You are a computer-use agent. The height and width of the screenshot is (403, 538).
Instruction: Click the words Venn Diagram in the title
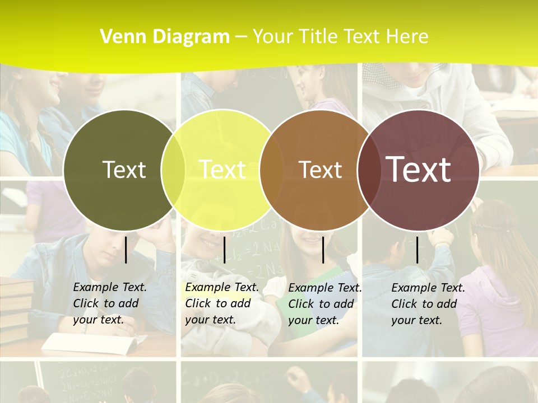coord(165,37)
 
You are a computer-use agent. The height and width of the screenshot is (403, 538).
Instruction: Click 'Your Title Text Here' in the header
coord(340,37)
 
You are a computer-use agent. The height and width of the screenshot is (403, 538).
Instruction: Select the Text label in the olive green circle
coord(124,170)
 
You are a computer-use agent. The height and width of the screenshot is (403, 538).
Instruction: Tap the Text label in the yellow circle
coord(222,170)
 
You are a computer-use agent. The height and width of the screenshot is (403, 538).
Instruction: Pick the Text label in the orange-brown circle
coord(320,170)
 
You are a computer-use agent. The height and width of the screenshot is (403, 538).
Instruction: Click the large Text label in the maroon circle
coord(419,170)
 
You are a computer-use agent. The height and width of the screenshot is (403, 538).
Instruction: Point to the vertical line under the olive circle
coord(126,250)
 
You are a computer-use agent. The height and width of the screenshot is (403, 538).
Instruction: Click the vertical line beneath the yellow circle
coord(225,250)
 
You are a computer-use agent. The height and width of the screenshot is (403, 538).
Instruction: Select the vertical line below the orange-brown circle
coord(323,250)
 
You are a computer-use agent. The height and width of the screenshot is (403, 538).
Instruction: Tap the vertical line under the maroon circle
coord(418,250)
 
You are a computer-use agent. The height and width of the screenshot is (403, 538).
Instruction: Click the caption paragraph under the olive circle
coord(110,303)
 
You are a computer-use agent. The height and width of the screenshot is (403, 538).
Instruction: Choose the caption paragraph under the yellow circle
coord(222,303)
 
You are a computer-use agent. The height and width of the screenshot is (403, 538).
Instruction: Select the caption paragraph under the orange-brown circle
coord(325,304)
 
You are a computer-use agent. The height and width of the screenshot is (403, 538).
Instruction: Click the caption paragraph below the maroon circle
coord(428,304)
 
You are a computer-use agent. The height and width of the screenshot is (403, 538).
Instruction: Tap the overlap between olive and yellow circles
coord(173,170)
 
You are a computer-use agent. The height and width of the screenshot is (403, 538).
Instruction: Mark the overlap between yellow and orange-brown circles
coord(272,170)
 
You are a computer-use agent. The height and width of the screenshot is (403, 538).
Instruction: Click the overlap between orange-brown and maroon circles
coord(367,170)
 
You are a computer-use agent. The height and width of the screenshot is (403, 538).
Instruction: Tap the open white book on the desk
coord(90,342)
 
